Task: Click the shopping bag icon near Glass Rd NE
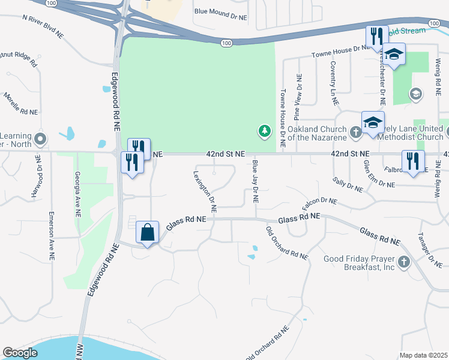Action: [x=147, y=232]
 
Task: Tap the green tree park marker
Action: [x=264, y=130]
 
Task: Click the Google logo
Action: [x=20, y=353]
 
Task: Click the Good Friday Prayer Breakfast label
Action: [x=359, y=263]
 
